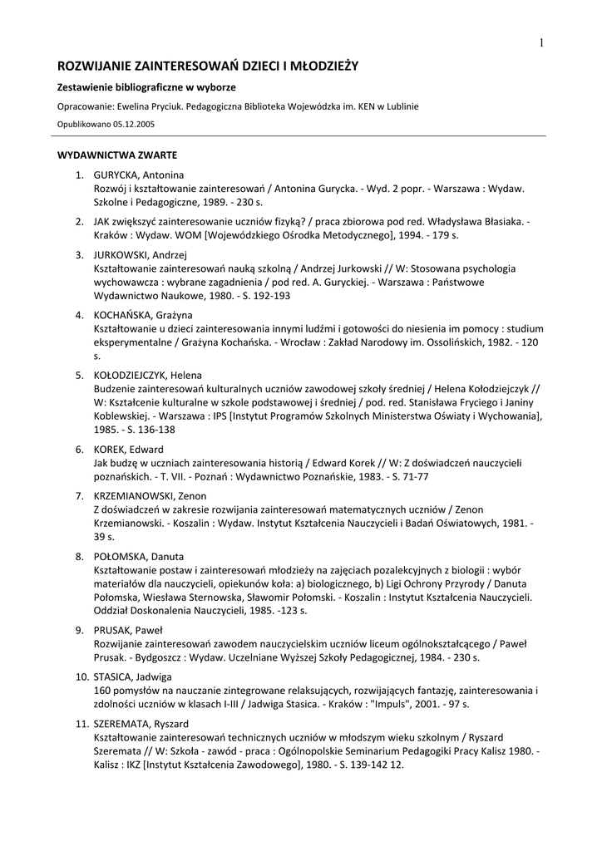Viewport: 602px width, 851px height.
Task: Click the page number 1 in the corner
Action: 541,43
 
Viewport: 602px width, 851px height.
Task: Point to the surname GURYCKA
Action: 116,175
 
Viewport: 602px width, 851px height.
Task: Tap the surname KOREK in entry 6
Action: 110,450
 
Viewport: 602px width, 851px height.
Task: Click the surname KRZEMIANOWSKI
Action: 131,495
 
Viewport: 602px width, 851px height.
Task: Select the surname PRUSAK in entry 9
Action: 113,630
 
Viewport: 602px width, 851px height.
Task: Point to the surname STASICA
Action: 115,676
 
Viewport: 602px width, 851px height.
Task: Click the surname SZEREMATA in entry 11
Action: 121,724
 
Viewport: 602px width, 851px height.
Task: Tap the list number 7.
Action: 78,495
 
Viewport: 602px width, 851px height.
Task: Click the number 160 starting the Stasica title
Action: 103,691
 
